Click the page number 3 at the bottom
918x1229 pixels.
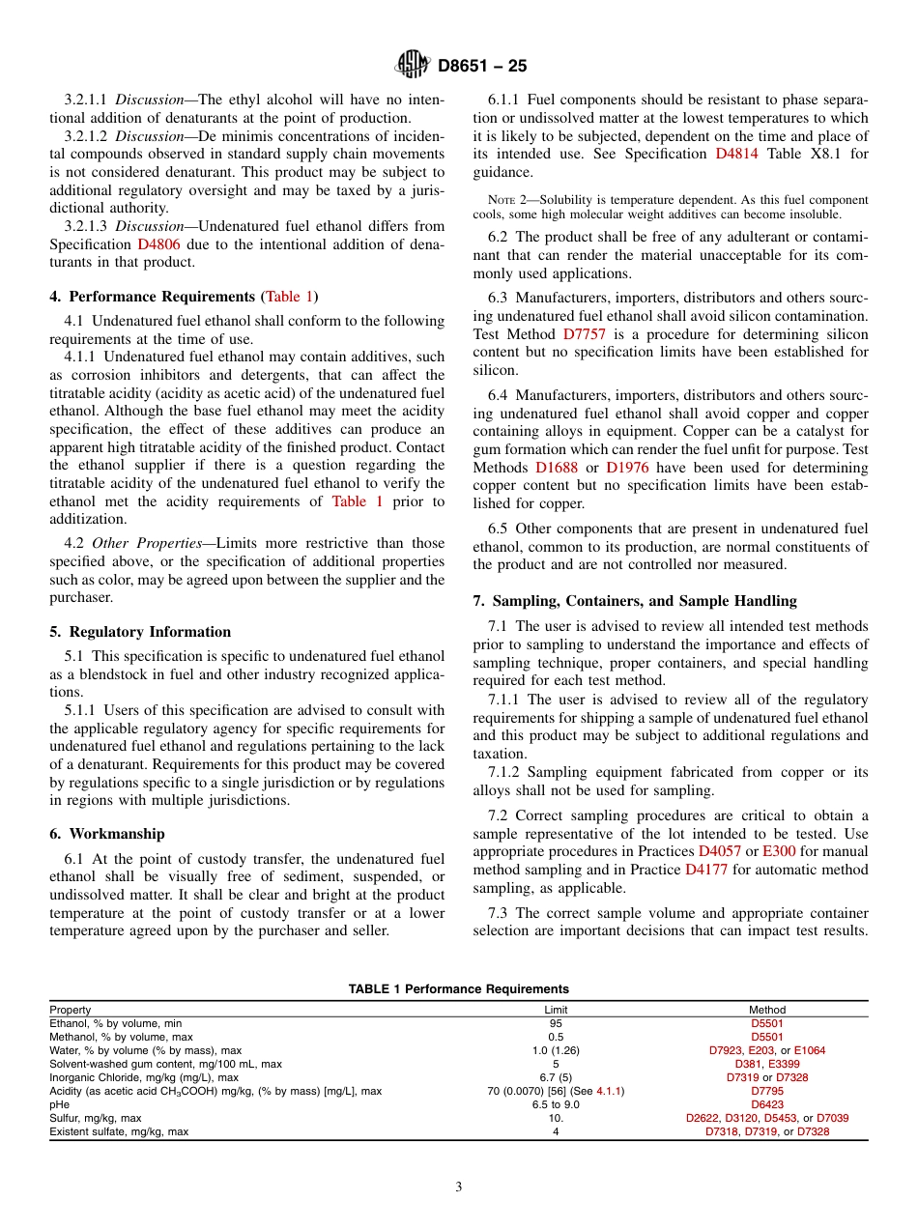[x=459, y=1187]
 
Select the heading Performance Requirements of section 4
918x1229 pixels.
[x=166, y=297]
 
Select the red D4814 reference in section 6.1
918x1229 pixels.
[x=736, y=154]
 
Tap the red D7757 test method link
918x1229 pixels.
[x=584, y=334]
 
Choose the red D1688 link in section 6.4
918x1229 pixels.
[x=556, y=467]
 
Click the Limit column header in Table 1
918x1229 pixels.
[x=556, y=1010]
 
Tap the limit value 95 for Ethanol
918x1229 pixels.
[x=556, y=1023]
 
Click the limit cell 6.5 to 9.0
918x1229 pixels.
[x=556, y=1104]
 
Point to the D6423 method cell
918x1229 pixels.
[x=767, y=1104]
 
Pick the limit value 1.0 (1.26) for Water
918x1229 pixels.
[x=556, y=1050]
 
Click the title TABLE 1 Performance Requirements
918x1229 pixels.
[x=458, y=989]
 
